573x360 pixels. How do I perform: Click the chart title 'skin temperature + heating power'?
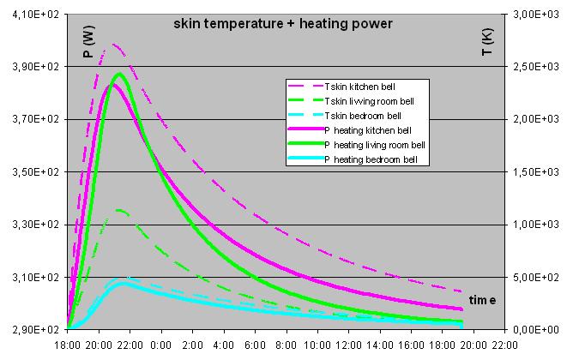[283, 24]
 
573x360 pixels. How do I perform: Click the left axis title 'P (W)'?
[89, 42]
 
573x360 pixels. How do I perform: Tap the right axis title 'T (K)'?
[487, 42]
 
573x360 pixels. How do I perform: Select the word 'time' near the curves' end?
[482, 300]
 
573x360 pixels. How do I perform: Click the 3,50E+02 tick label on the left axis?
[35, 172]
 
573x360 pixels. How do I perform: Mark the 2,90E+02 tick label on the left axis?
[35, 330]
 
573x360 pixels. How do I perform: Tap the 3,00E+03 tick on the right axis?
[536, 15]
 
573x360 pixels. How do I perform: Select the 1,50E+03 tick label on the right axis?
[536, 172]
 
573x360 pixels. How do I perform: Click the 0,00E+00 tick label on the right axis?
[536, 330]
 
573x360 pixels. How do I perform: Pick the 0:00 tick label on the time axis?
[160, 345]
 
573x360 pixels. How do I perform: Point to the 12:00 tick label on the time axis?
[348, 345]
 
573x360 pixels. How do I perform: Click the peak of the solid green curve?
[119, 75]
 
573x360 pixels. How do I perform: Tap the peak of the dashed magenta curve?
[114, 45]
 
